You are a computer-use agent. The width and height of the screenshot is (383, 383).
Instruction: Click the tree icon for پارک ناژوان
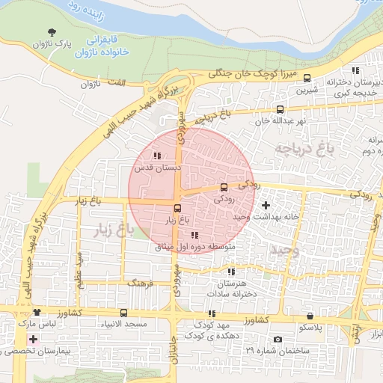pos(52,32)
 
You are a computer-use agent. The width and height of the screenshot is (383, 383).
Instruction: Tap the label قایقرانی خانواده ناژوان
pos(108,45)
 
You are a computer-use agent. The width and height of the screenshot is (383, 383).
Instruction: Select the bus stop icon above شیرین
pos(307,79)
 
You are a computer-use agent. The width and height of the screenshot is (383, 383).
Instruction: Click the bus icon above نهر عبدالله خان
pos(280,109)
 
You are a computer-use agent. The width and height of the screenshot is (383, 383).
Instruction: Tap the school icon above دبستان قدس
pos(156,156)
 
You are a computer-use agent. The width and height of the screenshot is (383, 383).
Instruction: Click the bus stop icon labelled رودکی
pos(224,187)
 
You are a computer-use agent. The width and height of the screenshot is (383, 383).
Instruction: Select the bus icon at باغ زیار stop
pos(177,209)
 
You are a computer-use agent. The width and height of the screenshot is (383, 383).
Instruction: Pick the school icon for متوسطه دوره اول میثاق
pos(194,235)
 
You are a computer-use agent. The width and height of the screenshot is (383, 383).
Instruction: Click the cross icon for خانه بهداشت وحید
pos(266,204)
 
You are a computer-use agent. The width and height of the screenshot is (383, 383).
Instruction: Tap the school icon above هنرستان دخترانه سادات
pos(230,272)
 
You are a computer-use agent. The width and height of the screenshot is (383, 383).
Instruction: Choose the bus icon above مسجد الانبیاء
pos(123,313)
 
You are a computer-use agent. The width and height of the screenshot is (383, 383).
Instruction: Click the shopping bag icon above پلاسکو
pos(310,316)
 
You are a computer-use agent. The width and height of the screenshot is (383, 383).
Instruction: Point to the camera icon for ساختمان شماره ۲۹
pos(278,339)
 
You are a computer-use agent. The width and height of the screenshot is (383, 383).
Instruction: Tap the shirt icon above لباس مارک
pos(36,312)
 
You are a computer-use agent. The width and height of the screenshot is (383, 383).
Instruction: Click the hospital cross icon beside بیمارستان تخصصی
pos(32,339)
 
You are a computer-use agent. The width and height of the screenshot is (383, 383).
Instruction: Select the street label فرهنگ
pos(140,284)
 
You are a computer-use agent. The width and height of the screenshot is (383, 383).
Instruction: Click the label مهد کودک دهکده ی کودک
pos(215,330)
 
